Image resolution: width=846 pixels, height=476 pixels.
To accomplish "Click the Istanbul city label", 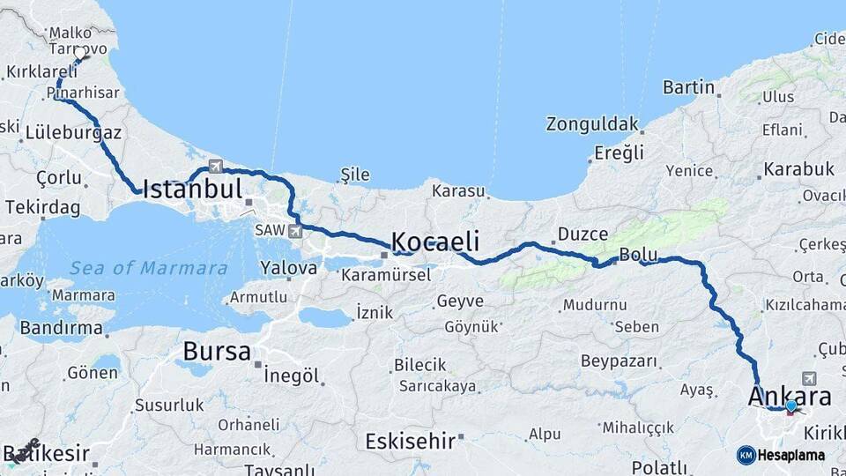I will (x=192, y=189).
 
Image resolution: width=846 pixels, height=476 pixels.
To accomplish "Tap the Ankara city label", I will (x=790, y=396).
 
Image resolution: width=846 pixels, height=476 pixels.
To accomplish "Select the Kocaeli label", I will (x=435, y=242).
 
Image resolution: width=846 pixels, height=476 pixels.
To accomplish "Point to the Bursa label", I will (x=217, y=352).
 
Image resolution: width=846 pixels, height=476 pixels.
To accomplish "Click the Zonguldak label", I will (x=591, y=123).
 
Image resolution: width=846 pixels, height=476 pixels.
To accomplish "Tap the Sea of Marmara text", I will (x=149, y=268).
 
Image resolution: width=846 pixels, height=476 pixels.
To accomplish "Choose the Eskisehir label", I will (x=411, y=440).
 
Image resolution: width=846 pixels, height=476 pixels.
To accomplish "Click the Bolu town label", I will (x=639, y=255).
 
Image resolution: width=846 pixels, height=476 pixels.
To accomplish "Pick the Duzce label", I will (x=583, y=234).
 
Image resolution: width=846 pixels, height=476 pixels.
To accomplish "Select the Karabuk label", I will (x=799, y=168).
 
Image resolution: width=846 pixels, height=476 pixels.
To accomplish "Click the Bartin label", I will (x=688, y=87).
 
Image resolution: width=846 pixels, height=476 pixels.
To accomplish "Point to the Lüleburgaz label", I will (x=73, y=132).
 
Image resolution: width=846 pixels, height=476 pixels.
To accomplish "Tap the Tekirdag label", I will (x=42, y=207).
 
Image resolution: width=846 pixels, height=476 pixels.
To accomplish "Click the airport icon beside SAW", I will (x=294, y=231).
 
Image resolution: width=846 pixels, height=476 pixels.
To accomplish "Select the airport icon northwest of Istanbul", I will (x=216, y=165).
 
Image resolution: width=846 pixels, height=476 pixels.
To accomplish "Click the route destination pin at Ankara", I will (x=790, y=406).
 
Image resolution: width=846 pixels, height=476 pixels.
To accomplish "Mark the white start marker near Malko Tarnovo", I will (x=80, y=54).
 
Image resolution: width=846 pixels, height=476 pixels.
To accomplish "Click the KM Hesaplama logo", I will (x=781, y=455).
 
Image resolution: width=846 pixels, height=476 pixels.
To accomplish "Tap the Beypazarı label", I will (x=620, y=361).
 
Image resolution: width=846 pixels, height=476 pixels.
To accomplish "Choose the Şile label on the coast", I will (x=355, y=175).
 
